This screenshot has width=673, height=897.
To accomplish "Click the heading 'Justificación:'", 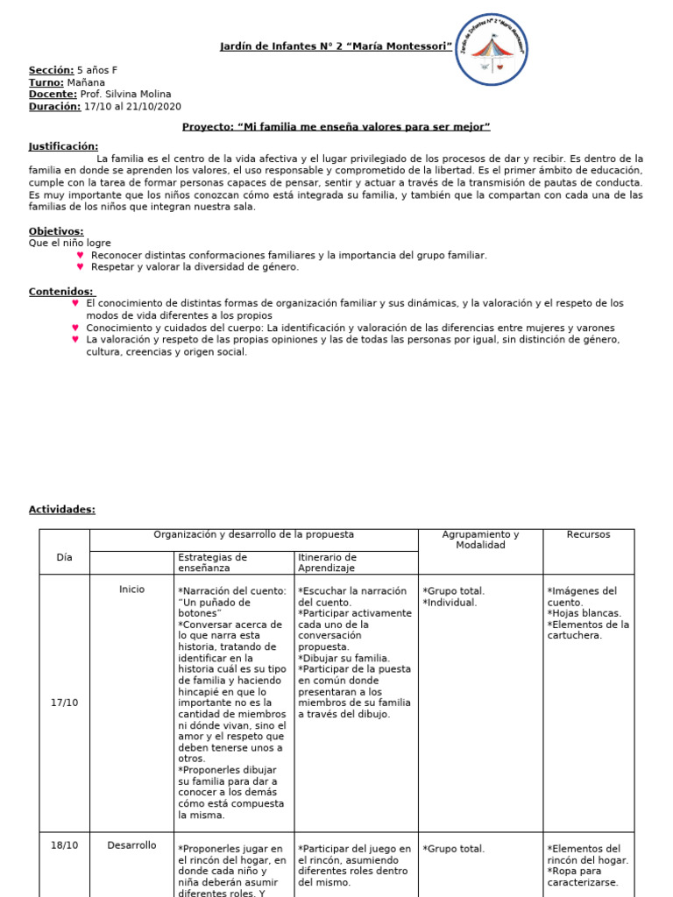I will coord(63,146).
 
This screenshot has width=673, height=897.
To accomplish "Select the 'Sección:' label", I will coord(51,70).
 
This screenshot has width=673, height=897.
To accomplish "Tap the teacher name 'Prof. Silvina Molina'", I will coord(125,95).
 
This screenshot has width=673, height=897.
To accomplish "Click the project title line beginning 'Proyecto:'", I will coord(336,127).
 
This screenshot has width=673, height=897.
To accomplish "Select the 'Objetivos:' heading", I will coord(56,231).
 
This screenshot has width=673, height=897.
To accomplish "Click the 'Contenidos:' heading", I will coord(60,292).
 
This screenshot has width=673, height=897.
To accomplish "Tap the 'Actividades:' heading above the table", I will coord(61,510).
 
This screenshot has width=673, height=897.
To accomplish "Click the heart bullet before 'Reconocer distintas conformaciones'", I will coord(81,255).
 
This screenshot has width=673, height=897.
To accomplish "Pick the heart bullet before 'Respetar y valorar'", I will coord(81,267).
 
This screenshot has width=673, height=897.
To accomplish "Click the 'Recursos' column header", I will coord(588,534).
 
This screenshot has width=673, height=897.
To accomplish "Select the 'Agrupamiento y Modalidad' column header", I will coord(480,540).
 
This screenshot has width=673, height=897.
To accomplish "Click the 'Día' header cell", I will coord(64,557).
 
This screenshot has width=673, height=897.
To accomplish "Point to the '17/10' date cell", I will coord(64,703).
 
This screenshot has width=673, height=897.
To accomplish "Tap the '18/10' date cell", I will coord(64,845).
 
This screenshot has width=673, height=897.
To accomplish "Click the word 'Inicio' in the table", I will coord(131,590).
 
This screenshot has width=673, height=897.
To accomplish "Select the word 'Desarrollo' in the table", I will coord(131,845).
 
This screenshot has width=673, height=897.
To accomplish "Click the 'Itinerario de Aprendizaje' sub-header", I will coord(327,562).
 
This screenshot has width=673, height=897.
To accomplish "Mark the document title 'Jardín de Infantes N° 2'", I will coord(336,46).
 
